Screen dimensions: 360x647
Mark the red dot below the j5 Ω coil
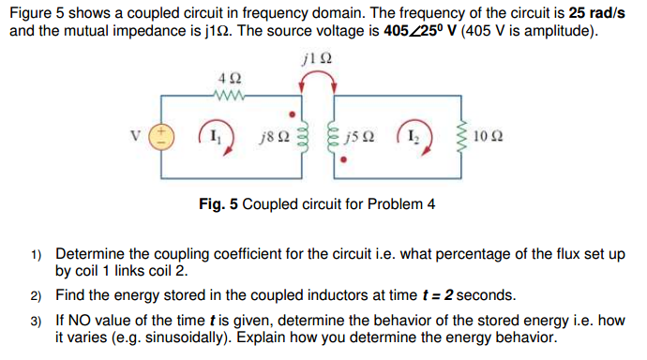click(344, 161)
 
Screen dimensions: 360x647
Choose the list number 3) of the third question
click(36, 320)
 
